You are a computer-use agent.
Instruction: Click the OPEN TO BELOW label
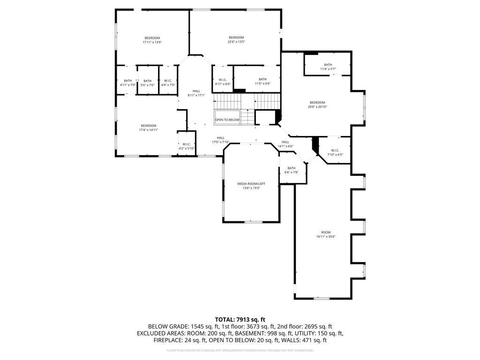[227, 120]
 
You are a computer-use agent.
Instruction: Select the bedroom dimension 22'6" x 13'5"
[236, 42]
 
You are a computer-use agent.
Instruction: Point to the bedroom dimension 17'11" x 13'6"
[152, 42]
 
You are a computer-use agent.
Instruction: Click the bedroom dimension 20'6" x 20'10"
[317, 107]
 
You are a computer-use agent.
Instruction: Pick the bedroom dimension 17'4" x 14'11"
[148, 130]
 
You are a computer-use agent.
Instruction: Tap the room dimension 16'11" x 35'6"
[326, 237]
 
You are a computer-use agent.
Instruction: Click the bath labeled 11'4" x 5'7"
[328, 69]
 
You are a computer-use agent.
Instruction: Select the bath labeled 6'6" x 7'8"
[292, 172]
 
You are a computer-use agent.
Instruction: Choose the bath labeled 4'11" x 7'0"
[127, 85]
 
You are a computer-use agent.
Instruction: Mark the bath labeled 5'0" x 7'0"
[148, 85]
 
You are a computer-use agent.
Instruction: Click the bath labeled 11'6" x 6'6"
[262, 83]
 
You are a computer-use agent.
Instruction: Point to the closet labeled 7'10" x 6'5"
[335, 155]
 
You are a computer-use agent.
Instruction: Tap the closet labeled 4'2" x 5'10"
[186, 149]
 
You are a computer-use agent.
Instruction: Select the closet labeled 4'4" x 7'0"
[168, 85]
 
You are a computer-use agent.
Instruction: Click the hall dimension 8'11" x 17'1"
[196, 95]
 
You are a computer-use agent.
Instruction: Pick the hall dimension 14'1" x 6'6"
[285, 146]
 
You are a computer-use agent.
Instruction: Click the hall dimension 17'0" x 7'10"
[220, 142]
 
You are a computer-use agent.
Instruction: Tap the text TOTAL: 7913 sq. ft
[240, 320]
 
